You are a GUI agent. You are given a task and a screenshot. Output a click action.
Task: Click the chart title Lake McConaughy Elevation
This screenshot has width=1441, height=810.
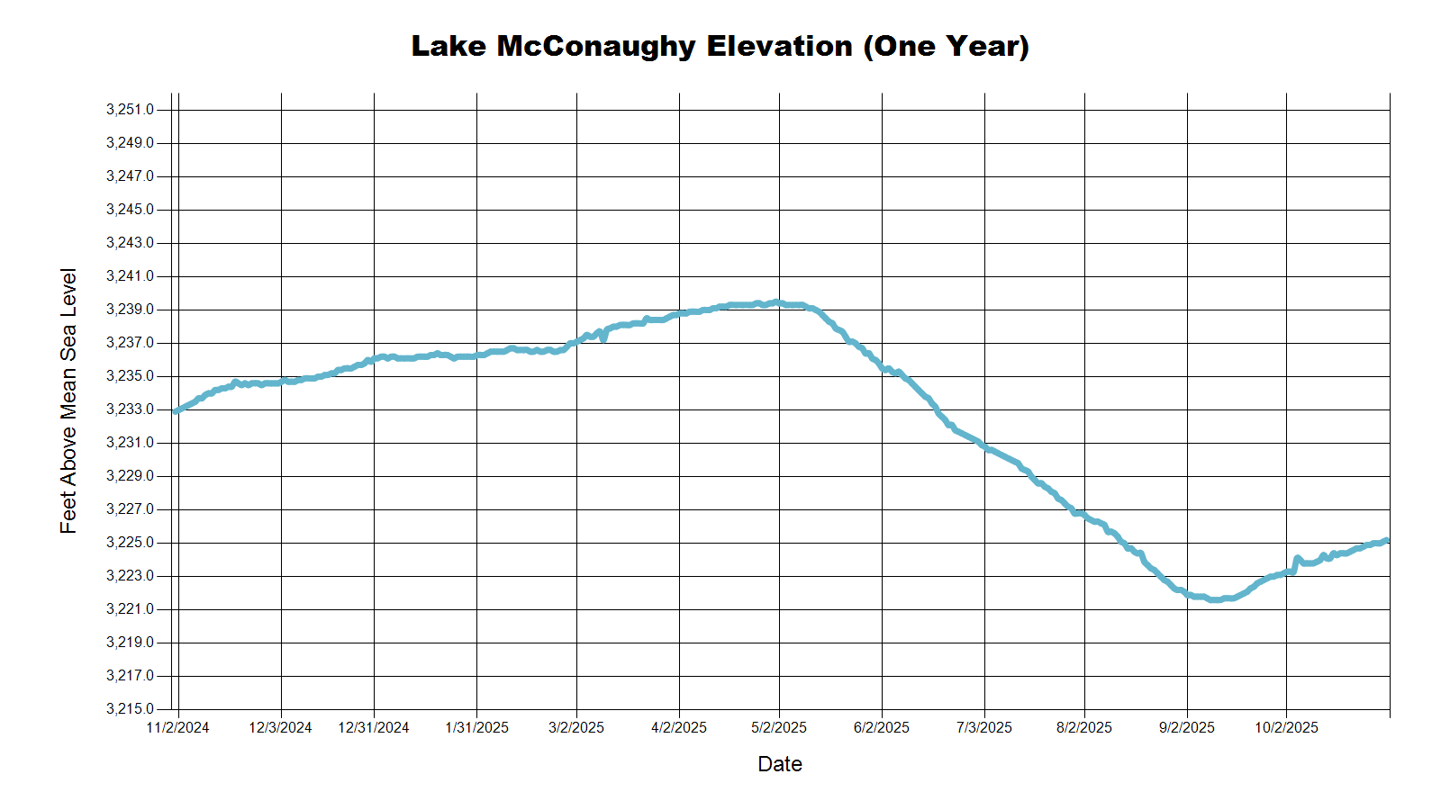tap(720, 47)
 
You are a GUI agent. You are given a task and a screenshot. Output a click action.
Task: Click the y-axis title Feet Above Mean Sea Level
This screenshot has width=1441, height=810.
tap(68, 401)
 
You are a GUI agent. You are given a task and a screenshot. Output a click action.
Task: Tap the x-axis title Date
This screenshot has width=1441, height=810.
tap(780, 764)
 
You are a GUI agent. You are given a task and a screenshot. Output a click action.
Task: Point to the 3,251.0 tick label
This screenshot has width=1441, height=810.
tap(130, 110)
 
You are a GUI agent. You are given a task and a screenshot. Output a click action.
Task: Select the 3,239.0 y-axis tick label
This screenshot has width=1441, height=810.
tap(130, 310)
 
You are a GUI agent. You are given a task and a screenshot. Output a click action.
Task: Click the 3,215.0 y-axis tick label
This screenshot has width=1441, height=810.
tap(130, 709)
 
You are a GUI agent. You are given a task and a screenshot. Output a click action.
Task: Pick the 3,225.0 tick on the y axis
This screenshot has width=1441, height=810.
tap(130, 543)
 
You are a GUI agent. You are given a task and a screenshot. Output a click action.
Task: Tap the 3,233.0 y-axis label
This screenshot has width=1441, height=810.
tap(130, 409)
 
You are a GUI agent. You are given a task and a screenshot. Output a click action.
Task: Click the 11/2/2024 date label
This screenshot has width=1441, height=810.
tap(177, 728)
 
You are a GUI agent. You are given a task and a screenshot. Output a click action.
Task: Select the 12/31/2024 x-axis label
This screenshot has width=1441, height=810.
tap(374, 728)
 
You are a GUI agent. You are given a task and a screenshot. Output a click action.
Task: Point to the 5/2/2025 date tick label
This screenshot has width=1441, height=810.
tap(779, 728)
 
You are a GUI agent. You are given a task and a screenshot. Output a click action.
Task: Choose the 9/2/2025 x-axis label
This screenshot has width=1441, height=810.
tap(1187, 728)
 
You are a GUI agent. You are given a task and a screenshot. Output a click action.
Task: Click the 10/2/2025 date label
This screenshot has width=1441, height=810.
tap(1286, 728)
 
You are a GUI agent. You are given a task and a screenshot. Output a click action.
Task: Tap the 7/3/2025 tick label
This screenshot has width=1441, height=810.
tap(984, 728)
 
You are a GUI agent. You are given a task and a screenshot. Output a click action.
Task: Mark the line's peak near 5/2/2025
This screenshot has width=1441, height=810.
tap(776, 302)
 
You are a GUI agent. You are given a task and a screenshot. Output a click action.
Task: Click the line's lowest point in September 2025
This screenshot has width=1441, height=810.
tap(1215, 599)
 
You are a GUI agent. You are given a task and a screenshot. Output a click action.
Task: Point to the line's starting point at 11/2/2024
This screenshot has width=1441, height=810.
tap(176, 411)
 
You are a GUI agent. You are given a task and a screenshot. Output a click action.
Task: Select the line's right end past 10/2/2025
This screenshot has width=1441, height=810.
tap(1387, 540)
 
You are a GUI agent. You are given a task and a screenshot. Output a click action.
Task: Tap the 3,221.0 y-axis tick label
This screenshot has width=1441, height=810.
tap(130, 609)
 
